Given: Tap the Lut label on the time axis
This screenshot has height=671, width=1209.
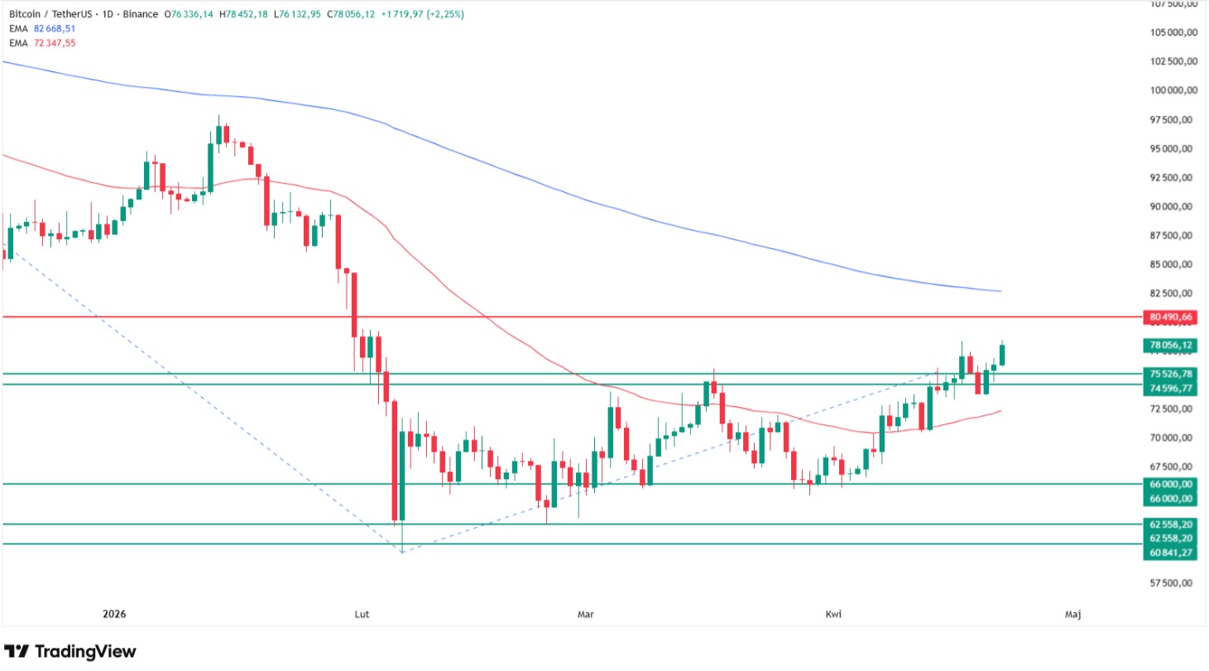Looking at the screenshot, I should (x=361, y=614).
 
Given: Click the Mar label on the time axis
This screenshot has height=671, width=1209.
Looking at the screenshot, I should (x=585, y=614).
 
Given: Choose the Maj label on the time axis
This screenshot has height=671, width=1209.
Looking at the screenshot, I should (x=1072, y=614).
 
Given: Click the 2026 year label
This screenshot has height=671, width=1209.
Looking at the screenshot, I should (x=114, y=614).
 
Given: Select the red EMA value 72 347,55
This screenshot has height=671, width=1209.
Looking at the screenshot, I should (x=54, y=42).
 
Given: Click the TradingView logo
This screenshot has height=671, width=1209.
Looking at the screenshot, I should (x=70, y=651).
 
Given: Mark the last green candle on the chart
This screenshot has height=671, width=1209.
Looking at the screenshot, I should (x=1002, y=353).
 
